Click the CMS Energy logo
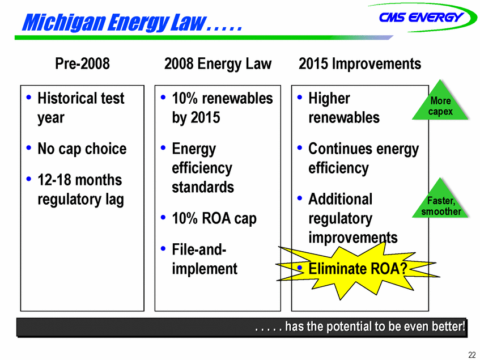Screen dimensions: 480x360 [422, 18]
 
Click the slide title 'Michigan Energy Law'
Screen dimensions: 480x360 [114, 22]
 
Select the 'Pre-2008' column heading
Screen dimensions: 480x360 [82, 63]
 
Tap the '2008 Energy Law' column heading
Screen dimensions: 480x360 [218, 64]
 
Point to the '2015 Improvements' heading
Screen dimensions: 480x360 [360, 64]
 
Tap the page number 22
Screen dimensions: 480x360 [471, 354]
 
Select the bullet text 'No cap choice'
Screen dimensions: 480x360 [82, 149]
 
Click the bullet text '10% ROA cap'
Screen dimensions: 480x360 [214, 219]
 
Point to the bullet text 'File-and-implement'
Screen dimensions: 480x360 [205, 259]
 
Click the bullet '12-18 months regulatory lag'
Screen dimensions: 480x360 [80, 189]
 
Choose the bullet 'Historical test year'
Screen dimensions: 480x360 [80, 108]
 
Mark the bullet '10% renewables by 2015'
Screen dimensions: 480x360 [222, 108]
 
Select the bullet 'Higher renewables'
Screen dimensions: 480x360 [344, 108]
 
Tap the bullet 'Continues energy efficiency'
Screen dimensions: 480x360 [363, 159]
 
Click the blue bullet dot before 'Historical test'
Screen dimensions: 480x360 [29, 98]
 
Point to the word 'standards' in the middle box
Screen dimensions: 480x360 [203, 187]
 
